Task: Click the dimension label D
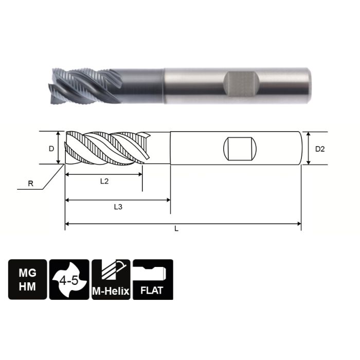[51, 149]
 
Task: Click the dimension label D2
[320, 149]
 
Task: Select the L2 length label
[104, 182]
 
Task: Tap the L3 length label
[118, 207]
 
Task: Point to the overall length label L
[176, 229]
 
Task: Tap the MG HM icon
[27, 279]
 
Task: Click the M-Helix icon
[111, 279]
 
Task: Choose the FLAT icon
[153, 279]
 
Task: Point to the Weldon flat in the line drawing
[240, 149]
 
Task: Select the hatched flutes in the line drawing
[105, 148]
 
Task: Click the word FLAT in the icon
[153, 290]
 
